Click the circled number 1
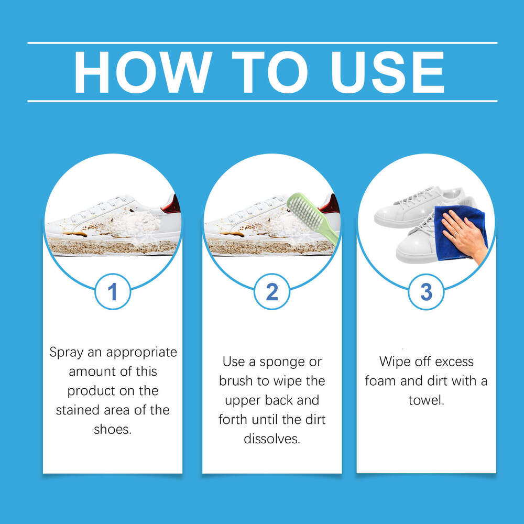pyautogui.click(x=112, y=291)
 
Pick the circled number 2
pyautogui.click(x=271, y=291)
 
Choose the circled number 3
pyautogui.click(x=426, y=291)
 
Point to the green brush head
pyautogui.click(x=304, y=212)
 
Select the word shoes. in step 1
pyautogui.click(x=112, y=429)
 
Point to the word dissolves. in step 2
pyautogui.click(x=271, y=438)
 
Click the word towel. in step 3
pyautogui.click(x=426, y=400)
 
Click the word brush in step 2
pyautogui.click(x=237, y=381)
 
